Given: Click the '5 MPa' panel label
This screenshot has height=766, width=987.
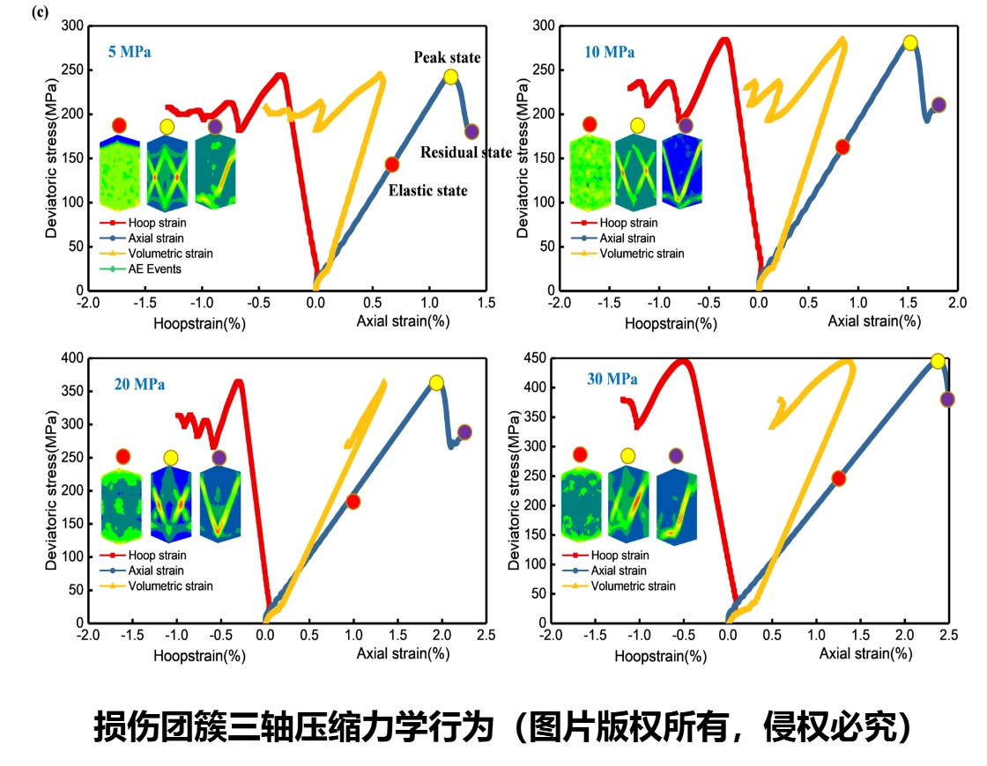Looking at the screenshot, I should tap(129, 52).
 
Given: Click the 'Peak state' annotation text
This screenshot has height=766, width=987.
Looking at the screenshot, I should tap(448, 58).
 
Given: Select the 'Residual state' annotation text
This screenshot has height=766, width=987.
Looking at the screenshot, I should tap(465, 152).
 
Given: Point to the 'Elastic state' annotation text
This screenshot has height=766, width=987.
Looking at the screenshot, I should tap(427, 190).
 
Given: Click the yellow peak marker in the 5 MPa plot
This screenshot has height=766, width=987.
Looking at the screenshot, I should tap(450, 77).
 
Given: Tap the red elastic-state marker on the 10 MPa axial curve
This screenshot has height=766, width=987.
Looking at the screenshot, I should tap(842, 147).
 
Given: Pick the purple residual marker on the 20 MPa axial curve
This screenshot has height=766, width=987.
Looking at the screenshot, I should tap(464, 432).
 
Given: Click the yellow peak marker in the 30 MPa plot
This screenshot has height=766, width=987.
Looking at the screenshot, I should tap(938, 361).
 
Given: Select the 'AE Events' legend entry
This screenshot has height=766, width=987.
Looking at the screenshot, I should tap(154, 269).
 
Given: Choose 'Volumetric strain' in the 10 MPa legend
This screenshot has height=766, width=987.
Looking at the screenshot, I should tap(641, 254).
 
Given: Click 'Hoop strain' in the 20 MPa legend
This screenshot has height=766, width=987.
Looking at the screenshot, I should tap(157, 556).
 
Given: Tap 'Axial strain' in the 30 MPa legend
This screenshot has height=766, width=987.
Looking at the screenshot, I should tap(620, 571).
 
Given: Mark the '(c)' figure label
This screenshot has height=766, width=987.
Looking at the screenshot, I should tap(39, 12).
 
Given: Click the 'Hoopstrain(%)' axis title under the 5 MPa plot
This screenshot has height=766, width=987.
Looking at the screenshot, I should tap(199, 323).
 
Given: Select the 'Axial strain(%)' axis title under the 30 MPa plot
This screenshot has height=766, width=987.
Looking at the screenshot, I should tap(865, 654).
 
